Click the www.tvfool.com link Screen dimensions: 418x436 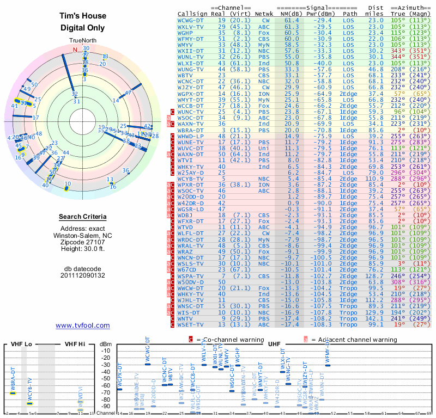(x=83, y=325)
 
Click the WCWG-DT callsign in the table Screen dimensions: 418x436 (x=191, y=20)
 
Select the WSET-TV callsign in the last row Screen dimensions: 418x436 (x=191, y=325)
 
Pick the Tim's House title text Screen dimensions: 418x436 (x=83, y=16)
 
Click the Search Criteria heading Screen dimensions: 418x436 (x=83, y=217)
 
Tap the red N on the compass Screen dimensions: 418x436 (x=75, y=50)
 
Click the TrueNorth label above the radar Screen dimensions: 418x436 (x=83, y=41)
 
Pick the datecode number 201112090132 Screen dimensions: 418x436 (x=83, y=275)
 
